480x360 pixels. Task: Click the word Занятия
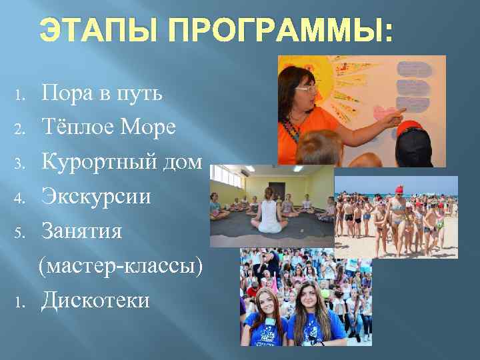[x=83, y=231]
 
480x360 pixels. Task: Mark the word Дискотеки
[x=95, y=300]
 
